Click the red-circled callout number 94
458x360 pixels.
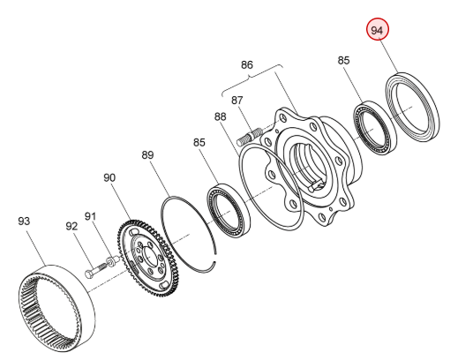pos(378,30)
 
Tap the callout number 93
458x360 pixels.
pos(24,221)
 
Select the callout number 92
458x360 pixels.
pos(71,226)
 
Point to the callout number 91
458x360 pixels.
pos(91,216)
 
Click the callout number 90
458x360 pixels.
pos(109,177)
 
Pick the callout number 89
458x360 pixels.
pos(147,155)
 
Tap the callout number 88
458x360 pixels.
pos(221,116)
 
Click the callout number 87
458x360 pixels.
pos(237,101)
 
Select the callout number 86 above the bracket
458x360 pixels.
pos(247,64)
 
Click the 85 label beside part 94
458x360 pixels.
pos(343,60)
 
